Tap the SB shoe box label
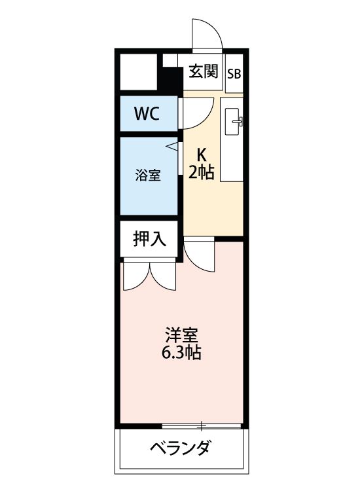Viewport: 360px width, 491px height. (x=234, y=73)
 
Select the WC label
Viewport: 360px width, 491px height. (x=147, y=113)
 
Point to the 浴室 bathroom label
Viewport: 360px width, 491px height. (x=147, y=175)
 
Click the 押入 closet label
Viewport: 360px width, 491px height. (x=149, y=239)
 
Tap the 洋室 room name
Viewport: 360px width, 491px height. (x=181, y=336)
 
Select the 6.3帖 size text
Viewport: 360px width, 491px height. (x=181, y=354)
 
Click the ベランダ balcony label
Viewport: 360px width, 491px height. (x=180, y=449)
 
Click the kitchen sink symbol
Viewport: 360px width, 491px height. (x=234, y=120)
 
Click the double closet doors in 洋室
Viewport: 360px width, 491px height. (x=150, y=275)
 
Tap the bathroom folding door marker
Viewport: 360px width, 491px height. (x=173, y=147)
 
